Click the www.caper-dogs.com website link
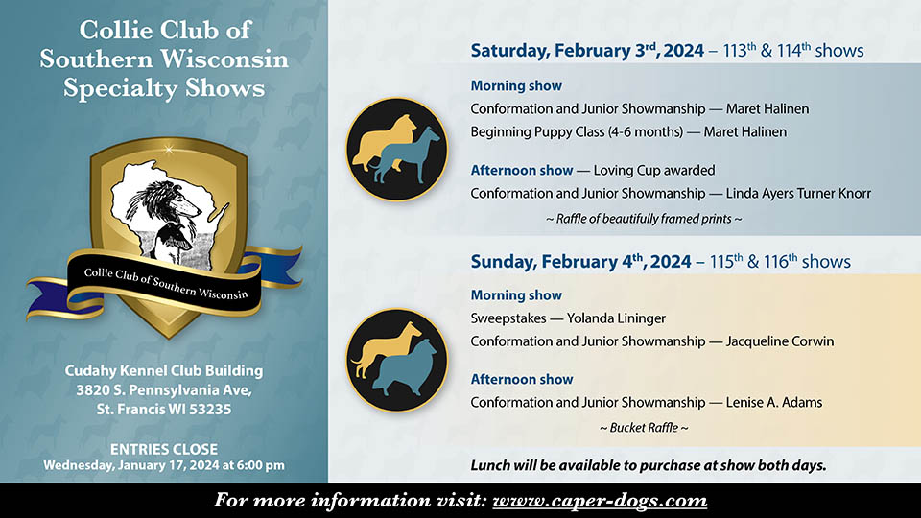pyautogui.click(x=600, y=501)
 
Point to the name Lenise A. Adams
pyautogui.click(x=773, y=402)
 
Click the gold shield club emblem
pyautogui.click(x=163, y=235)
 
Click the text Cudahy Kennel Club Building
pyautogui.click(x=163, y=370)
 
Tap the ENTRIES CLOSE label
pyautogui.click(x=164, y=449)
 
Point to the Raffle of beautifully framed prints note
pyautogui.click(x=644, y=219)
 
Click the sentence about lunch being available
pyautogui.click(x=649, y=466)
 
